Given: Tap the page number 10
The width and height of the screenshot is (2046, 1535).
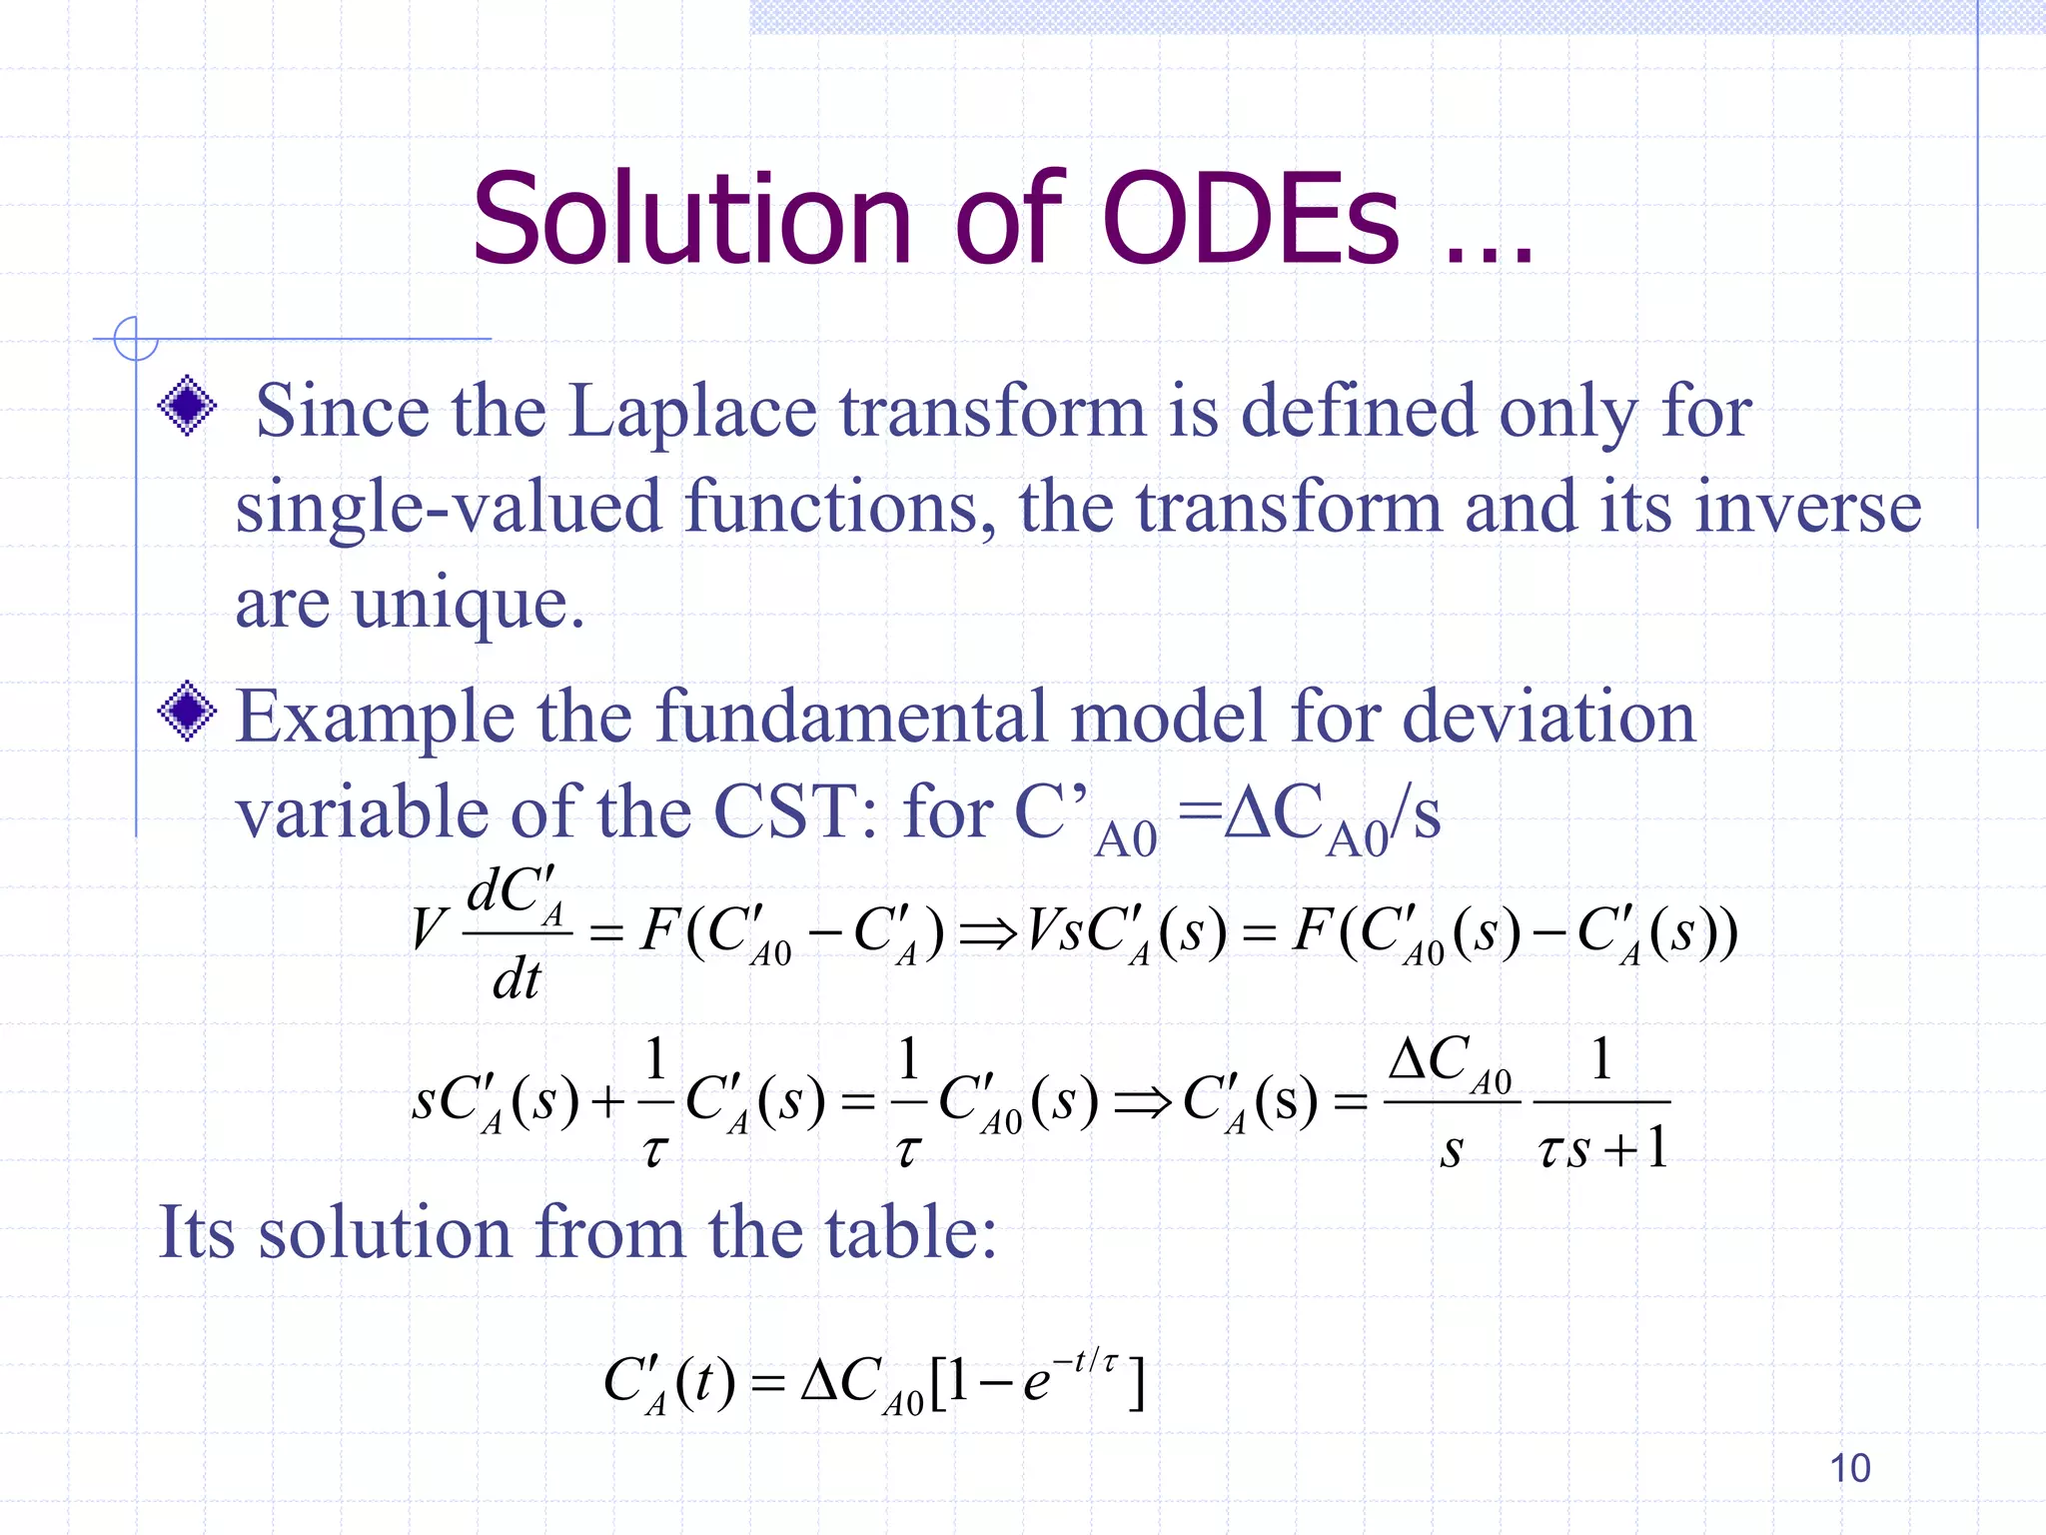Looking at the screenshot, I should [x=1849, y=1468].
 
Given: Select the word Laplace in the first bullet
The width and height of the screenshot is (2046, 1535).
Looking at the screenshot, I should [x=692, y=413].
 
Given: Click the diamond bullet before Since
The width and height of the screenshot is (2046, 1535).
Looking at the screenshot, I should [x=187, y=406].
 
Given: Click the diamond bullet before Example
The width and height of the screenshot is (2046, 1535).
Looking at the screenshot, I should [x=187, y=712].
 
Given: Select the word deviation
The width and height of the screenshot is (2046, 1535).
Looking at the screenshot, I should [x=1548, y=718].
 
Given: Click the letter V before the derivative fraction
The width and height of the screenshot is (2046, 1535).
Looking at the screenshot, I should [x=428, y=929].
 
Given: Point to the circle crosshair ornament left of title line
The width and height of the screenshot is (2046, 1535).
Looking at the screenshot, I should [x=136, y=339].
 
